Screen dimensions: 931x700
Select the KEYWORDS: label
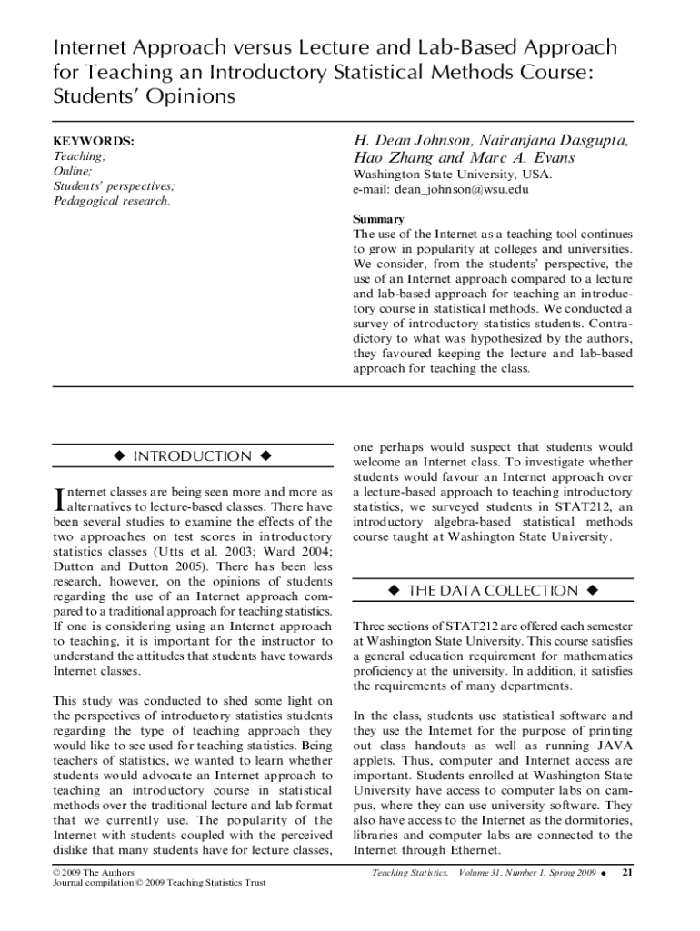94,142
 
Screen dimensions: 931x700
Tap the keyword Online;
73,171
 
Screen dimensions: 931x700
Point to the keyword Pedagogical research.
112,200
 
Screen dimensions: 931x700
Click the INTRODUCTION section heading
192,456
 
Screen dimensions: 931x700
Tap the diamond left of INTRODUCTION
118,456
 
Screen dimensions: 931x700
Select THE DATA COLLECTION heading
492,591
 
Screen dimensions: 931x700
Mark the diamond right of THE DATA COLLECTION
592,591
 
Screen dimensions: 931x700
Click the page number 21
625,873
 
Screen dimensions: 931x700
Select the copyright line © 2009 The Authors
95,872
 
